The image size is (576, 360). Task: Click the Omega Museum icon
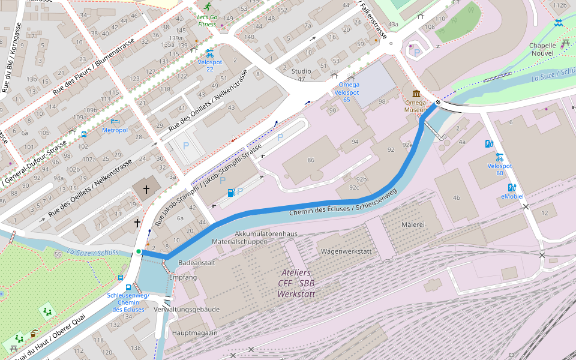point(416,94)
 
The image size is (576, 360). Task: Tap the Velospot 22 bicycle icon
point(209,53)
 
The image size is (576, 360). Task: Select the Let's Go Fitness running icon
point(207,7)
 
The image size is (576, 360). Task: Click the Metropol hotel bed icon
point(115,121)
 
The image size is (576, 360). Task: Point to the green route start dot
point(139,251)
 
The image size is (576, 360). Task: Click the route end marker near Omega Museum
point(438,103)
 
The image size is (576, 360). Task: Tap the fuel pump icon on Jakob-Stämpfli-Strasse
point(231,192)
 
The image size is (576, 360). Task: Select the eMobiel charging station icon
point(512,188)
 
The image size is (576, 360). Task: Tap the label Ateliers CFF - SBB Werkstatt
point(296,283)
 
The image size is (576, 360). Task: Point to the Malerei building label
point(413,224)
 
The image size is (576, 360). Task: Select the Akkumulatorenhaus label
point(266,233)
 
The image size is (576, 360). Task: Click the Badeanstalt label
point(197,263)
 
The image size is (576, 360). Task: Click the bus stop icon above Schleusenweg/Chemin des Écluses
point(121,278)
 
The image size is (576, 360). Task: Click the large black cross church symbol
point(146,189)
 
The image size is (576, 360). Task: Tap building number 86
point(310,160)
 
